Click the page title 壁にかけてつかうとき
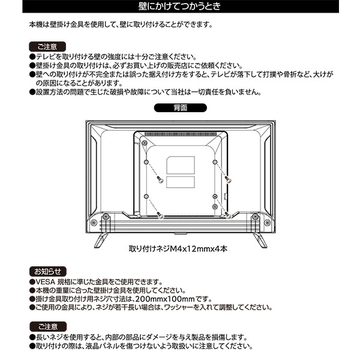179,7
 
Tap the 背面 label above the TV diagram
179,109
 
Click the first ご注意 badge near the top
46,46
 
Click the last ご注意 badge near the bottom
46,326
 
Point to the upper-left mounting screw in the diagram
160,179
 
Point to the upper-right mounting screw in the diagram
227,179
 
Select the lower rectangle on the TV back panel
181,184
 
